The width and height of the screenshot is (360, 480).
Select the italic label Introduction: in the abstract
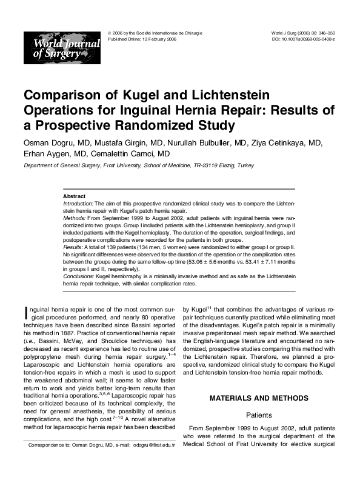(x=78, y=204)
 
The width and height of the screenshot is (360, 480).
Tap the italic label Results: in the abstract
(x=73, y=247)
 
